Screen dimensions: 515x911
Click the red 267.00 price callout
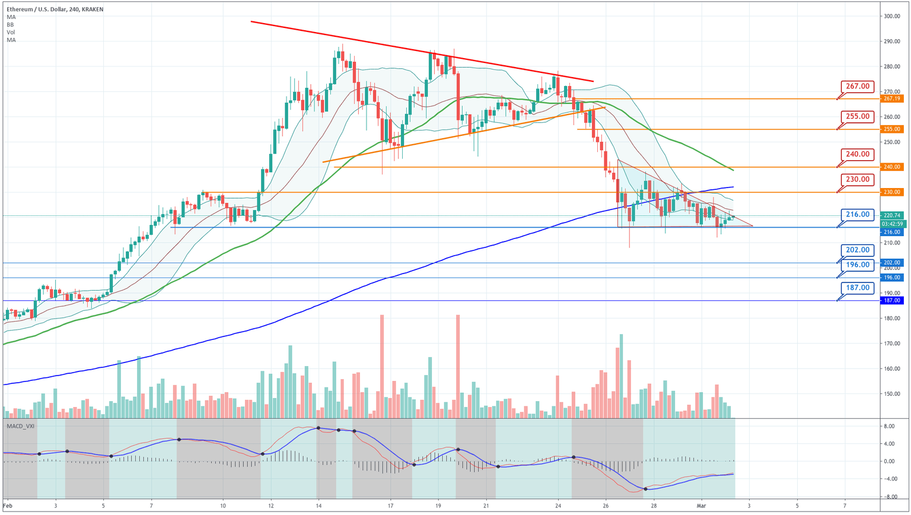click(858, 87)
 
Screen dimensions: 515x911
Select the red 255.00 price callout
click(858, 116)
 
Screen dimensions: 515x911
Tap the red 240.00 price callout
click(858, 154)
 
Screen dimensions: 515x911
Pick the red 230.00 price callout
click(858, 179)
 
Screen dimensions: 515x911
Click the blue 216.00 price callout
click(858, 214)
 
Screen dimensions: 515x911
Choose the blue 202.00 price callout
click(858, 250)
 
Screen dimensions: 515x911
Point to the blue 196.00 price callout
click(858, 265)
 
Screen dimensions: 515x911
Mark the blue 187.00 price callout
click(858, 288)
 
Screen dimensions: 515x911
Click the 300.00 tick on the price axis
click(892, 16)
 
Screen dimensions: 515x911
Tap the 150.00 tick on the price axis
click(892, 394)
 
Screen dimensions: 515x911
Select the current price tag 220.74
click(892, 215)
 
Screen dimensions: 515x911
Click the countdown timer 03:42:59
click(892, 224)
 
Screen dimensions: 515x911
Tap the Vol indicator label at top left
click(11, 32)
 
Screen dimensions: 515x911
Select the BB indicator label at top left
click(11, 25)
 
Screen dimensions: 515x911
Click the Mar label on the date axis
click(700, 506)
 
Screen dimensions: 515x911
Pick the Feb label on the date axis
click(7, 506)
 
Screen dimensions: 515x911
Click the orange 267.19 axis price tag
click(892, 98)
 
